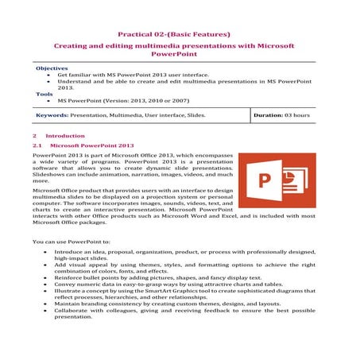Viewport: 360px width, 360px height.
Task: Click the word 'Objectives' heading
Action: point(51,69)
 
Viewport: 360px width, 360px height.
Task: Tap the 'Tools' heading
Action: point(45,94)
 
